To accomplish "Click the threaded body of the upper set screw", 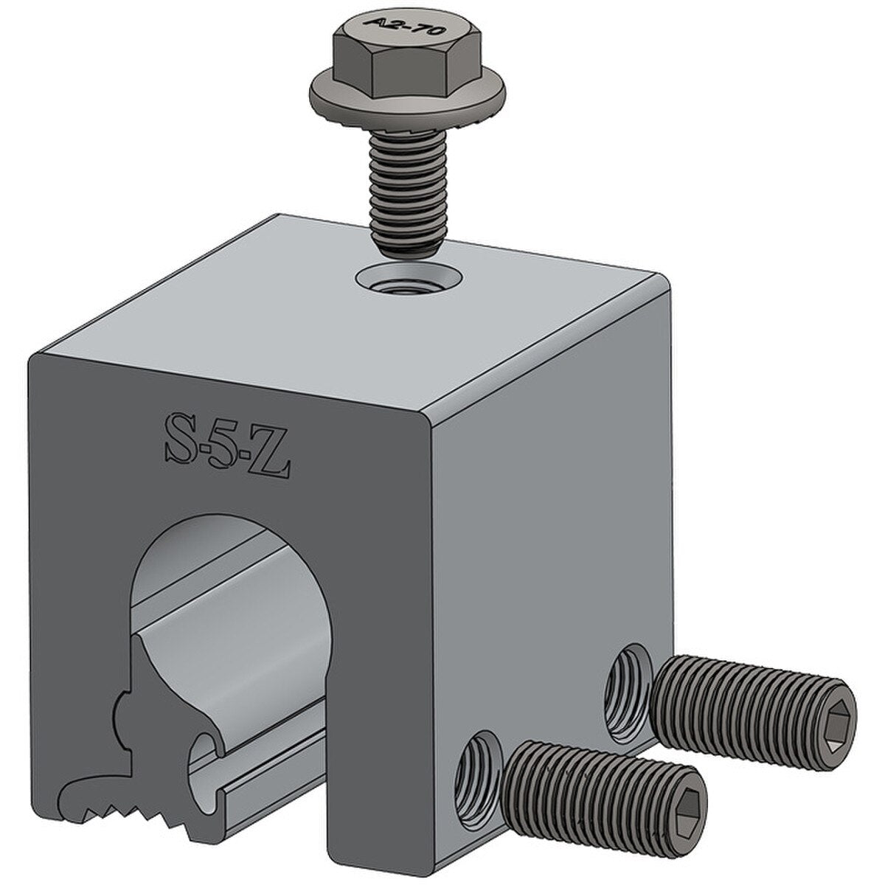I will point(737,693).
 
